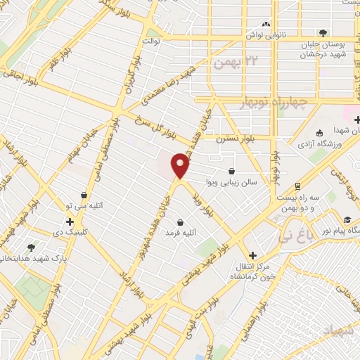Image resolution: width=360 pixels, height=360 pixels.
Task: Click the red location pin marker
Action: coord(181,165)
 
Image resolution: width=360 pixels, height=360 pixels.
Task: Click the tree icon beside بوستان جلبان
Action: coord(323,33)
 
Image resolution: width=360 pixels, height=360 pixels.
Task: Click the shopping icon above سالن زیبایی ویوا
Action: coord(232,171)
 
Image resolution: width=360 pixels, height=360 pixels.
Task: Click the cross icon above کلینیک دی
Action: coord(70,222)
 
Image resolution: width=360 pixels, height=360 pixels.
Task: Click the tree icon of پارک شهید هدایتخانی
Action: coord(31,247)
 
